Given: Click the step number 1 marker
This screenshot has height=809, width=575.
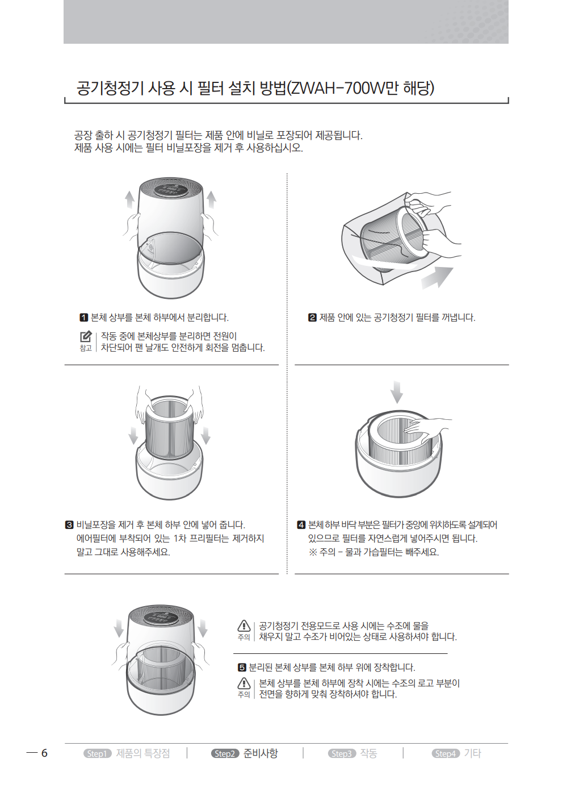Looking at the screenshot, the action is (x=83, y=318).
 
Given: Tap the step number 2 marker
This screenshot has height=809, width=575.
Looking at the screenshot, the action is (x=312, y=318).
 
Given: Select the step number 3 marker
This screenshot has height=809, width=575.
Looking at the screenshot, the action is (x=69, y=525).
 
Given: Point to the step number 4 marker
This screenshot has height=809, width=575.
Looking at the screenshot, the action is (x=301, y=525).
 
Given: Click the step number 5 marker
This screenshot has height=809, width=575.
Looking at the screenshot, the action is (x=242, y=668).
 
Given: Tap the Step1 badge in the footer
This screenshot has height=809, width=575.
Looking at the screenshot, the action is (x=98, y=754).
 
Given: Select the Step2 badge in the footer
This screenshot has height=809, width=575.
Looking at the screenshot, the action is (x=225, y=754).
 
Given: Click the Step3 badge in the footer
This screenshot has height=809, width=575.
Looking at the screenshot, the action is (x=342, y=754).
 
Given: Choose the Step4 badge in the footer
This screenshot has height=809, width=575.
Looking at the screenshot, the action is (x=446, y=754).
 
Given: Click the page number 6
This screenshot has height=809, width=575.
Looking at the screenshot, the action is (x=44, y=753).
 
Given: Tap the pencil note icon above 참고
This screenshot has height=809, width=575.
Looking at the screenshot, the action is (x=86, y=336).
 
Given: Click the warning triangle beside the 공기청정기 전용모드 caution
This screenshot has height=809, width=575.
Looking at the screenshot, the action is (x=244, y=625).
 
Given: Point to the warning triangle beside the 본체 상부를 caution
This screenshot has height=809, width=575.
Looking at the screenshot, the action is (x=244, y=683).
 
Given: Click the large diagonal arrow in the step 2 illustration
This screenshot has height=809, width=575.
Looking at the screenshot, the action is (x=437, y=278).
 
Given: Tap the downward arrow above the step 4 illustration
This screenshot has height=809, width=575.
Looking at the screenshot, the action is (x=397, y=392).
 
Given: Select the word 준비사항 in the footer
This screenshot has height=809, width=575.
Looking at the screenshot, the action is (x=261, y=753).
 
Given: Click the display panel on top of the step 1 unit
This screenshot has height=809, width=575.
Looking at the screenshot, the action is (x=170, y=190).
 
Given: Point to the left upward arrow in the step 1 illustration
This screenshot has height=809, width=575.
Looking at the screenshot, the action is (x=129, y=200).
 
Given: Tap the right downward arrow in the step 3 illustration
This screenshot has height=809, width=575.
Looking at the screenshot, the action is (x=205, y=436).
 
